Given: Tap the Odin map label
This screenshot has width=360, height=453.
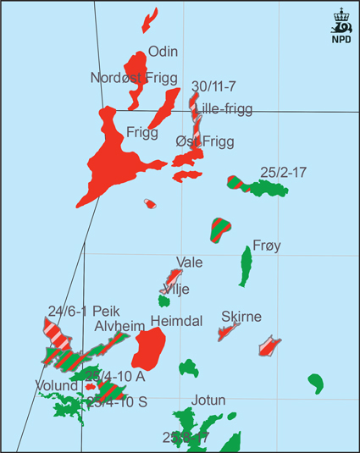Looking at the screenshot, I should [163, 52].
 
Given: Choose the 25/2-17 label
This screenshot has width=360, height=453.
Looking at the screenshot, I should [283, 172].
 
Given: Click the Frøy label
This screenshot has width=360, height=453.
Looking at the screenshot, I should [267, 246].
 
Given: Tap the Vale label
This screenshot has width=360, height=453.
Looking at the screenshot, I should [189, 262].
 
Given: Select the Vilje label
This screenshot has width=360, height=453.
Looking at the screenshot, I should [175, 289].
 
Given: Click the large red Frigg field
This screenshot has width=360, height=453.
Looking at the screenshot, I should [114, 165].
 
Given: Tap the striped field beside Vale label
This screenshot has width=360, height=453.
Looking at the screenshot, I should [171, 279].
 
